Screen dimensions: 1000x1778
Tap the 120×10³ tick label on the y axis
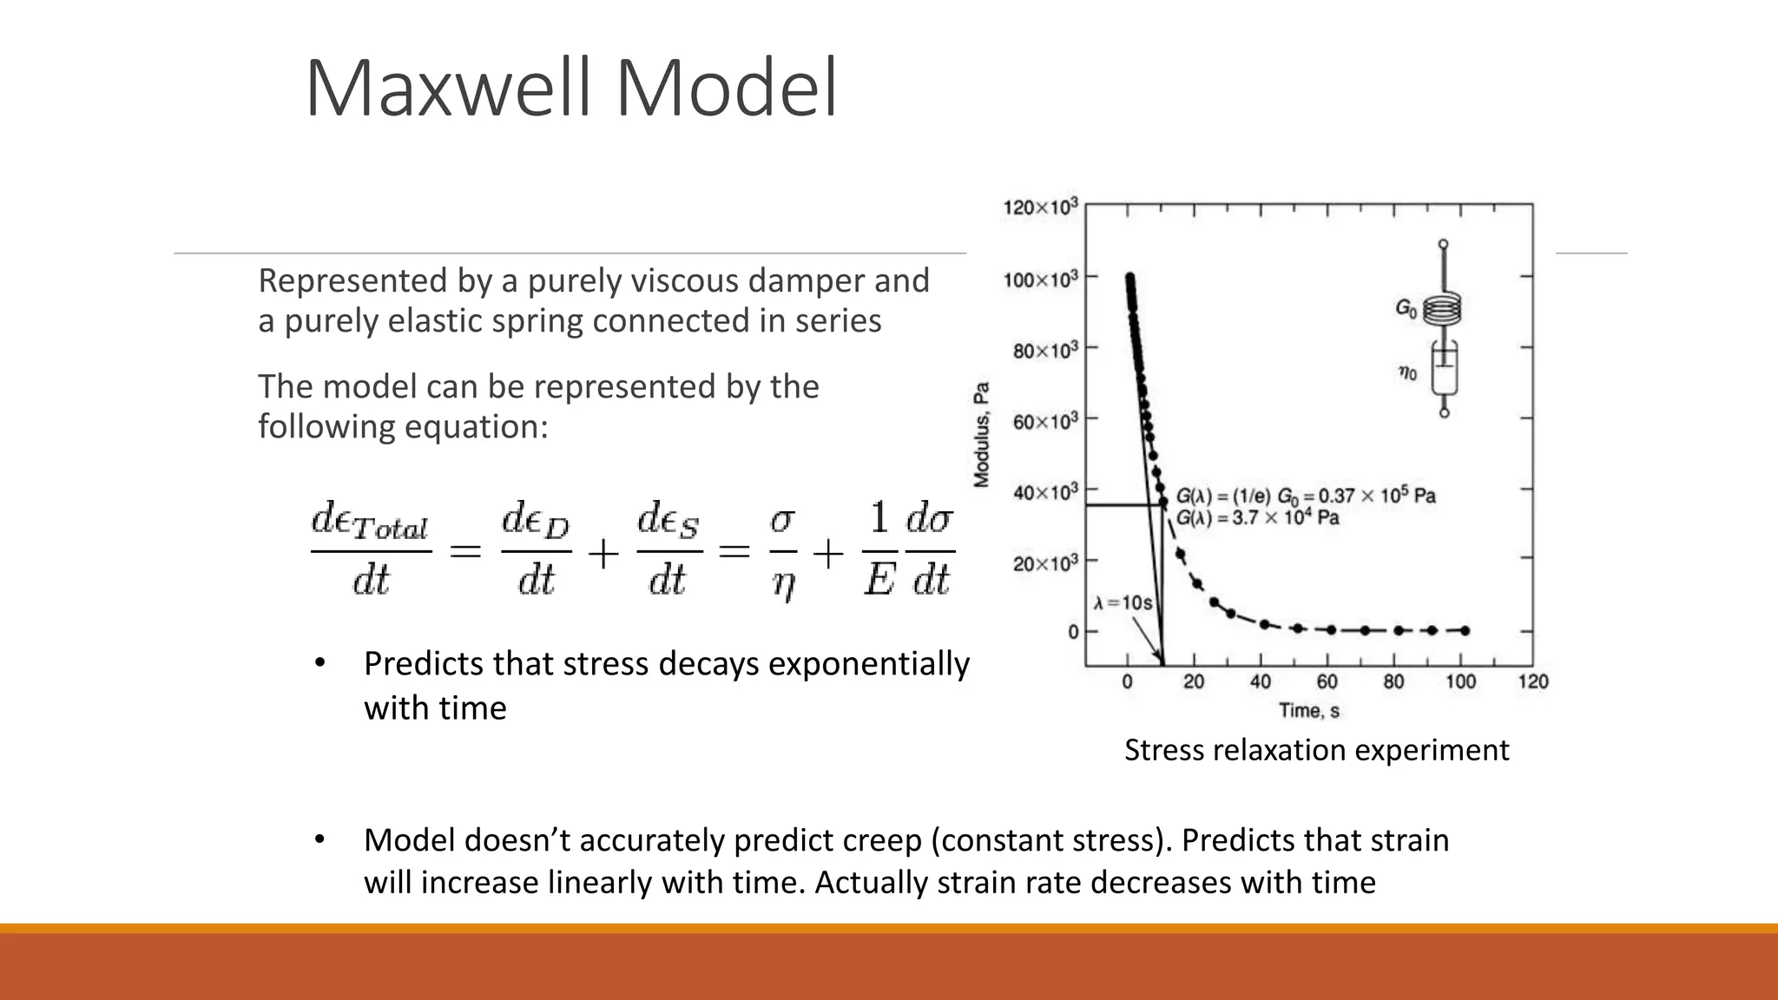pyautogui.click(x=1040, y=207)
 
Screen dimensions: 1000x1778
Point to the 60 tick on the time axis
pyautogui.click(x=1327, y=682)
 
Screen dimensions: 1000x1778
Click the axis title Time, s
pyautogui.click(x=1308, y=711)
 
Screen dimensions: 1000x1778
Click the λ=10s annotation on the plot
pyautogui.click(x=1123, y=602)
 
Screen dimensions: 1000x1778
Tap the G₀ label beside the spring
pyautogui.click(x=1406, y=307)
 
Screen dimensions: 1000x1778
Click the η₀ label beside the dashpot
pyautogui.click(x=1407, y=373)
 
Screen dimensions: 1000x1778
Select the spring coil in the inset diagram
pyautogui.click(x=1443, y=309)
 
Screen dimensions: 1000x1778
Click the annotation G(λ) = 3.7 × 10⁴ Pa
pyautogui.click(x=1257, y=518)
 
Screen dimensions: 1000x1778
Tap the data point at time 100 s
pyautogui.click(x=1465, y=631)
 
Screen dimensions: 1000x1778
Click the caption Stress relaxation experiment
pyautogui.click(x=1316, y=750)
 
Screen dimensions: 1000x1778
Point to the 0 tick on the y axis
pyautogui.click(x=1073, y=632)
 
